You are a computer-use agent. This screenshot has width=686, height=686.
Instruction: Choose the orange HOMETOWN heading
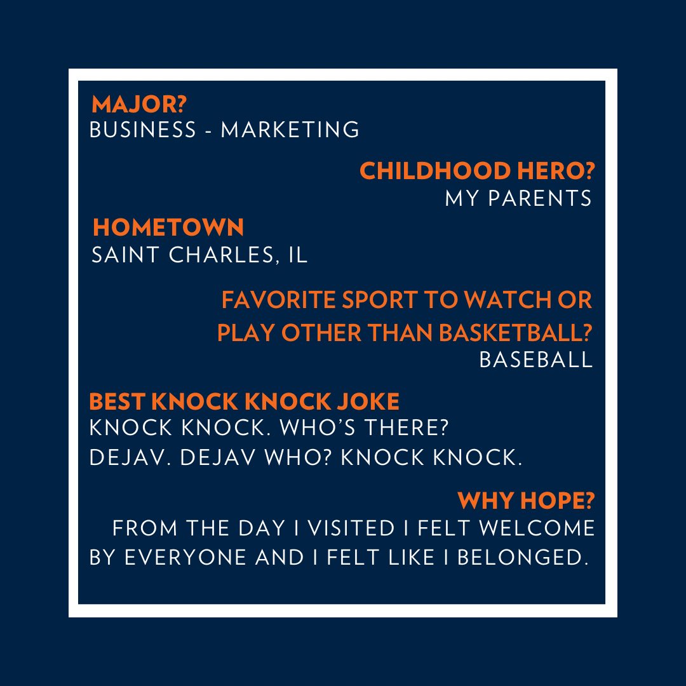pos(168,227)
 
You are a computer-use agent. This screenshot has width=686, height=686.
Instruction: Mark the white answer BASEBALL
pos(535,360)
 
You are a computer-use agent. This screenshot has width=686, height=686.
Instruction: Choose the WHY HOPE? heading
pos(527,501)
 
